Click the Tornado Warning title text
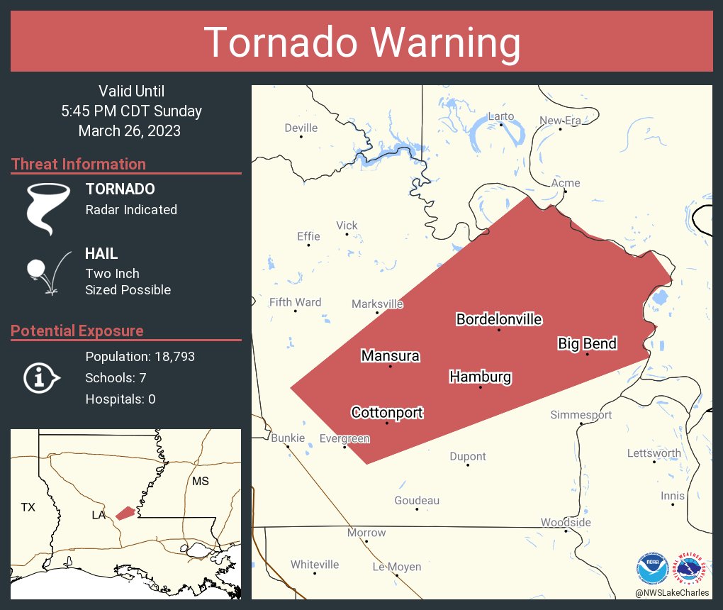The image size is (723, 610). pos(361,43)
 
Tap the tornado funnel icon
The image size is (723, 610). pos(48,208)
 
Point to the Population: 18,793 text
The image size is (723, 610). pos(140,356)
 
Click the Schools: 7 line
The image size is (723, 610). pos(116,377)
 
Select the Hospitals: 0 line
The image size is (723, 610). pos(120,399)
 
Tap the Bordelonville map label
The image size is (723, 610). pos(499,319)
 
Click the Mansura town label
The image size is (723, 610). pos(390,355)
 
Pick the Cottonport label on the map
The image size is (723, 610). pos(387,412)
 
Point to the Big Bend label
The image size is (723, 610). pos(587,344)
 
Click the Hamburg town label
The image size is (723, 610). pos(480,377)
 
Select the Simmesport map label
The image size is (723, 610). pos(581,415)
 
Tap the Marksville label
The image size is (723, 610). pos(377,304)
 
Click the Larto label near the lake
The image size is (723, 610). pos(500,116)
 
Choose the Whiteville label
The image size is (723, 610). pos(315,565)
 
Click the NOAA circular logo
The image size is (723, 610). pos(652,568)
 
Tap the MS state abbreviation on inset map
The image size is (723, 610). pos(201,482)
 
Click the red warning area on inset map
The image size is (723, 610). pos(125,512)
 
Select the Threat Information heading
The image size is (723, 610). pos(79,164)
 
